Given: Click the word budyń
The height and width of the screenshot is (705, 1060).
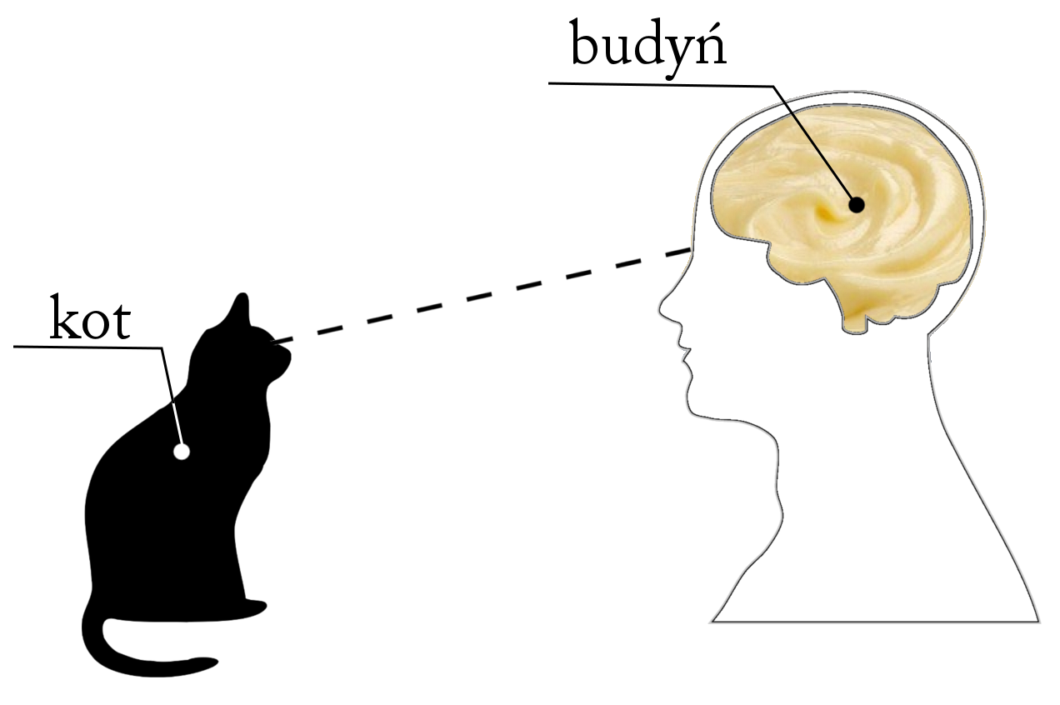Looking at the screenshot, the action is [648, 47].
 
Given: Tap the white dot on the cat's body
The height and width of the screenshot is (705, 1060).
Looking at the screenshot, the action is [181, 452].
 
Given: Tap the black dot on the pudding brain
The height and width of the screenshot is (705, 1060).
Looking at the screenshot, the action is [857, 205].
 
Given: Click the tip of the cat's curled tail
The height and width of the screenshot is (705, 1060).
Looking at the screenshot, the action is [211, 662].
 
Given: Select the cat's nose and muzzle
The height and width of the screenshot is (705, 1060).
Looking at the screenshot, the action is [282, 360].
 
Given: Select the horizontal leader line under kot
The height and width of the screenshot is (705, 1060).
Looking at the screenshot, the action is [88, 347].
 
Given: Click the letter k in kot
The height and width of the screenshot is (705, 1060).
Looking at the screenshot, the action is [63, 317].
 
